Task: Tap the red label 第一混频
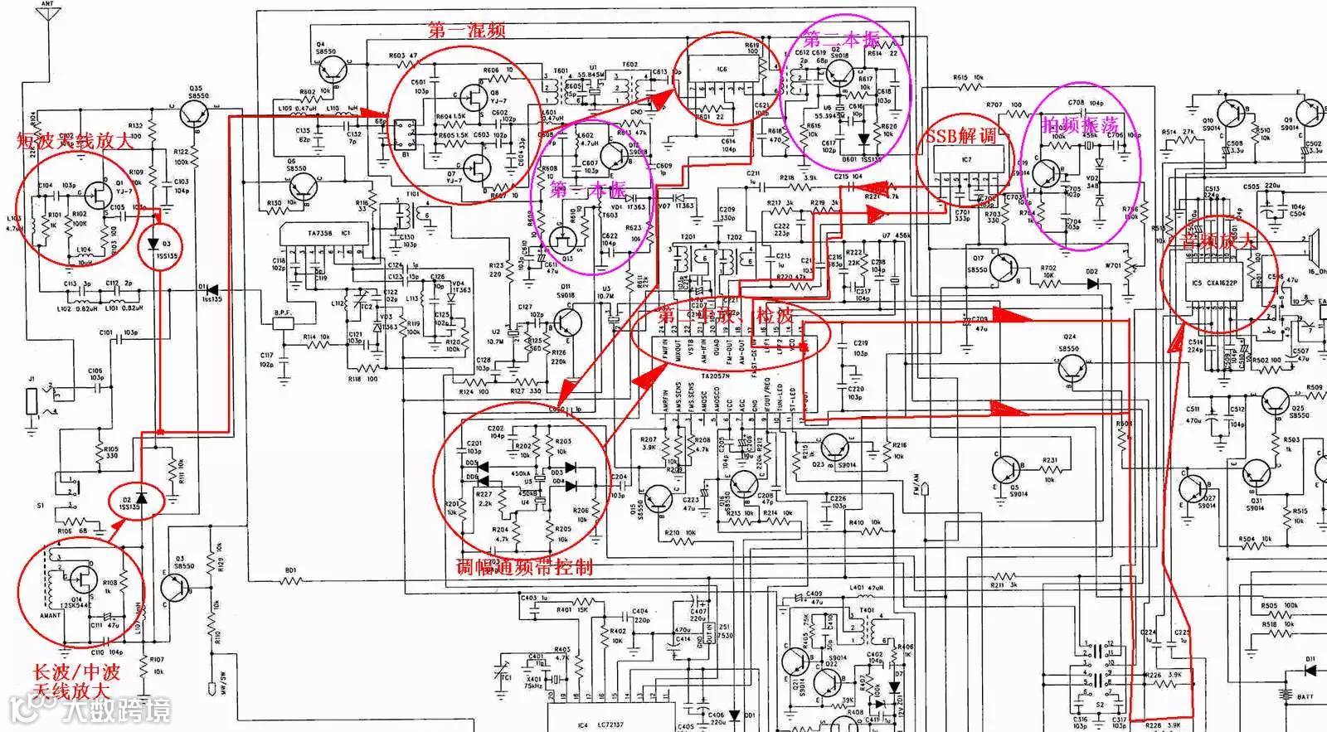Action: (x=466, y=32)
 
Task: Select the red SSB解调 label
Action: (x=960, y=136)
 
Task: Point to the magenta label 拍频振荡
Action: (x=1081, y=126)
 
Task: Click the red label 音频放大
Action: (x=1216, y=242)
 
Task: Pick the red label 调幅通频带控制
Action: (x=524, y=568)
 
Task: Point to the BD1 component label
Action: (x=290, y=570)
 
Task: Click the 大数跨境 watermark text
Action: (x=116, y=711)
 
